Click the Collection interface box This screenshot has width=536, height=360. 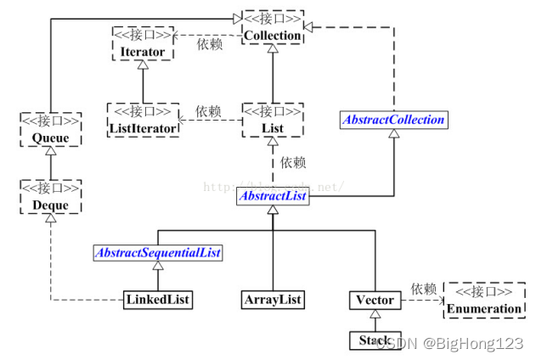(x=272, y=28)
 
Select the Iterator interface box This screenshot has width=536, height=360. (x=143, y=42)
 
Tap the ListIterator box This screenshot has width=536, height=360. (x=143, y=120)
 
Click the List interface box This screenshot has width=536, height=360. (x=272, y=120)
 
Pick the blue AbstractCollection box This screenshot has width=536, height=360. (x=393, y=120)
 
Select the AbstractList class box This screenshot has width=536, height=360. (x=272, y=195)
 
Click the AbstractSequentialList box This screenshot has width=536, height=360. (x=157, y=252)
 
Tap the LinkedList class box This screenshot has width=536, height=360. (x=157, y=300)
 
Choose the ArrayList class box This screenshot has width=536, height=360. (x=272, y=300)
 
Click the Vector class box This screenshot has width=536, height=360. (x=375, y=300)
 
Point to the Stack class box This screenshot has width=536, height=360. (x=375, y=340)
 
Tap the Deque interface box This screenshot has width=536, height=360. (x=50, y=197)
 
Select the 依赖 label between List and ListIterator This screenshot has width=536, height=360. (x=209, y=111)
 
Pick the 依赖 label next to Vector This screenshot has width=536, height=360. (x=422, y=289)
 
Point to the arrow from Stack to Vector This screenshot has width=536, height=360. (x=375, y=320)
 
